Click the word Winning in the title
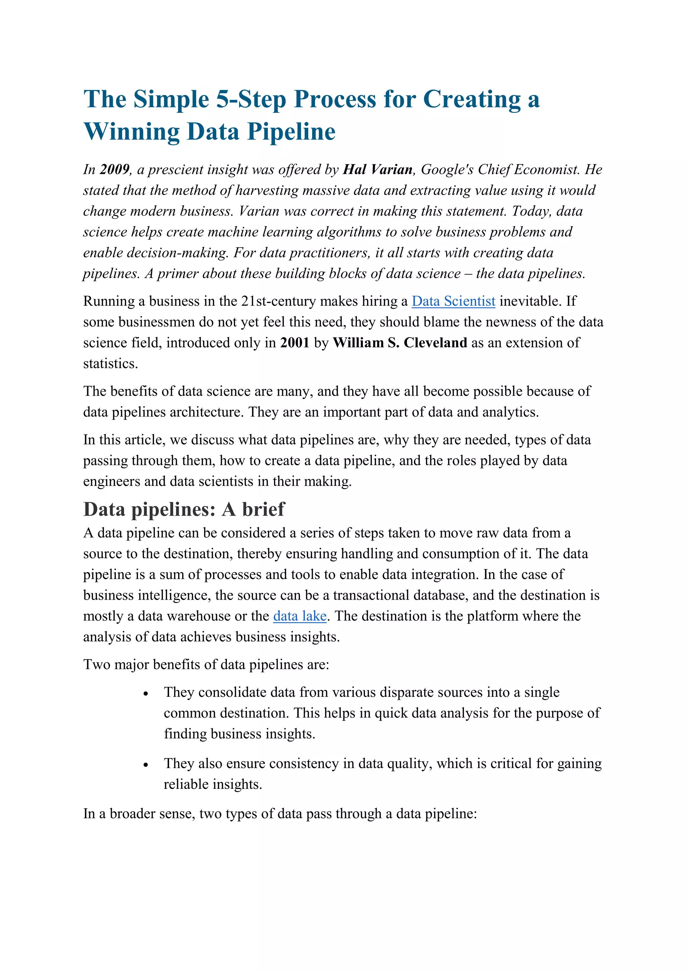[131, 132]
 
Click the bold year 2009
[115, 169]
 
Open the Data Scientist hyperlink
[453, 301]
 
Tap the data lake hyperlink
[300, 616]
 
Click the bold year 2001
[295, 343]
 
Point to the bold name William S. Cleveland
[400, 343]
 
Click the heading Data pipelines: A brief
[184, 509]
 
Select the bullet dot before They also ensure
[146, 765]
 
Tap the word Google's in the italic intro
[447, 169]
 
